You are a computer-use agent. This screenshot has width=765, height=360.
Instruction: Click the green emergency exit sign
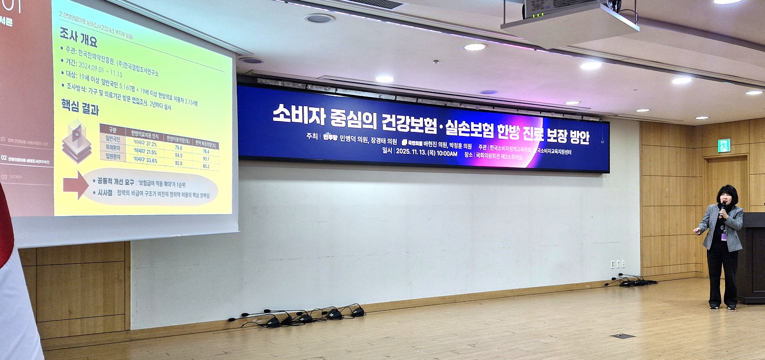click(x=724, y=146)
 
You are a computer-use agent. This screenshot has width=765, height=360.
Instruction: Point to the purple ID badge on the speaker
click(x=724, y=236)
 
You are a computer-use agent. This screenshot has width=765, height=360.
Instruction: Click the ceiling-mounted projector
click(x=570, y=19)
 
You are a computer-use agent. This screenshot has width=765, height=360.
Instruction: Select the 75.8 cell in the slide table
click(x=179, y=148)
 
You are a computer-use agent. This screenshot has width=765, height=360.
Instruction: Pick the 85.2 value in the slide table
click(x=206, y=166)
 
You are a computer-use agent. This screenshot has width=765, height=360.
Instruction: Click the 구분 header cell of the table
click(x=112, y=130)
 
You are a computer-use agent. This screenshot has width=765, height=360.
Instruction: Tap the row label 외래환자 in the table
click(x=112, y=148)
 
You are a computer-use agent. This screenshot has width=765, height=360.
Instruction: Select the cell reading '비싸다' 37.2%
click(x=145, y=144)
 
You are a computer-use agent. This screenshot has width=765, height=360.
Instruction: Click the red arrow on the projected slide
click(x=76, y=185)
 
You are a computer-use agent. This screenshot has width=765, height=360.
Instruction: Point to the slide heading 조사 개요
click(x=78, y=38)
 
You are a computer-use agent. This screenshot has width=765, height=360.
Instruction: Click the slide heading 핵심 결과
click(x=80, y=107)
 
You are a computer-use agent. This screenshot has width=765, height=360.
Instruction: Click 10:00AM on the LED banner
click(x=447, y=153)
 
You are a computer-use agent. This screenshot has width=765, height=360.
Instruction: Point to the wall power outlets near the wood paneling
click(x=617, y=264)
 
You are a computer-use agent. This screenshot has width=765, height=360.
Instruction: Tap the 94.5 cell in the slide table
click(x=179, y=156)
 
